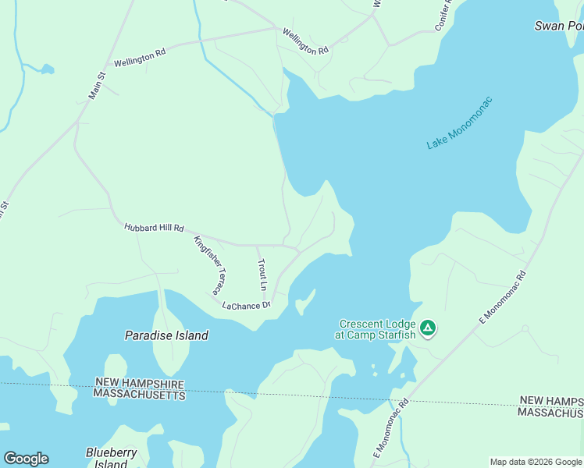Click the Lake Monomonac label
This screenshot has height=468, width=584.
(460, 123)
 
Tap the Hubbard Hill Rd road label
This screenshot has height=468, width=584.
(154, 229)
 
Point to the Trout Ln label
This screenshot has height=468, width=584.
(262, 275)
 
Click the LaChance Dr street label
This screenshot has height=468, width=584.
(246, 305)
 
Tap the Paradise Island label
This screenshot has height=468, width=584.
(166, 335)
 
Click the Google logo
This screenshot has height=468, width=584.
(26, 459)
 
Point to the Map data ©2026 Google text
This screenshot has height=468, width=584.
(536, 462)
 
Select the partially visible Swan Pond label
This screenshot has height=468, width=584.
(559, 26)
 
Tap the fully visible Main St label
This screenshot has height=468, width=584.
(96, 86)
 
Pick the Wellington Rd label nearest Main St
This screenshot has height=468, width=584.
(140, 57)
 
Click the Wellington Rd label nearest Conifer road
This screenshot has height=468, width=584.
(305, 42)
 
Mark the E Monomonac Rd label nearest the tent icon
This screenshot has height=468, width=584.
(503, 297)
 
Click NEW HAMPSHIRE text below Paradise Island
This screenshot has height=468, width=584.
(140, 383)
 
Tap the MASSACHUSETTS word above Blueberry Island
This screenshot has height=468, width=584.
(140, 395)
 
